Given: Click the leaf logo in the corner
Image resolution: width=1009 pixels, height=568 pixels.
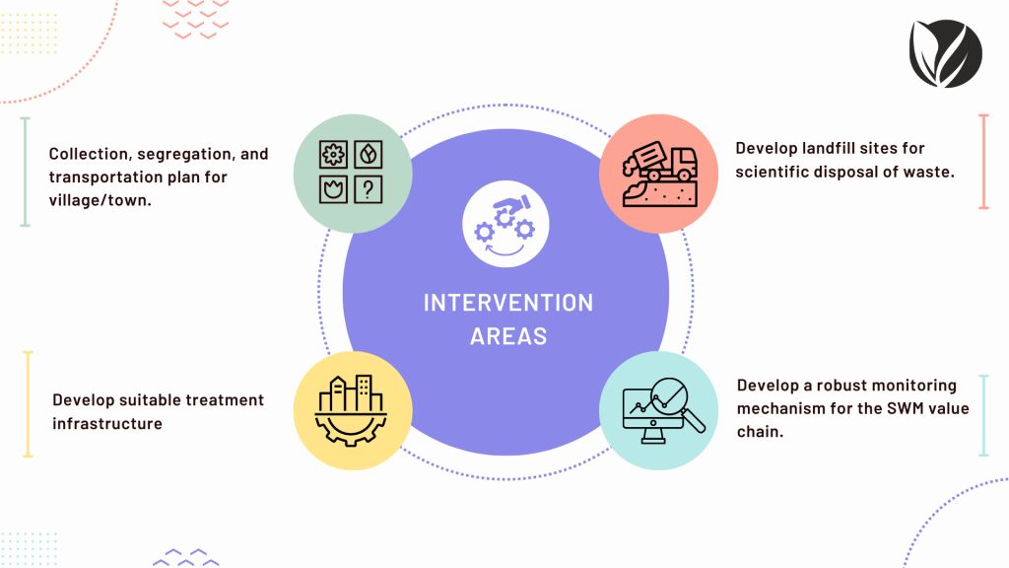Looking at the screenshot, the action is [x=945, y=53].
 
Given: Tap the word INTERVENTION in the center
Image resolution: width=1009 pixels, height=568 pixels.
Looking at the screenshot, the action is [x=508, y=303].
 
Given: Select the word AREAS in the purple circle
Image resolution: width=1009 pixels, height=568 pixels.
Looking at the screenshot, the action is [x=508, y=336].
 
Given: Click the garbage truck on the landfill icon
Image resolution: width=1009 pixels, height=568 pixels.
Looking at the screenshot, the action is [x=660, y=161].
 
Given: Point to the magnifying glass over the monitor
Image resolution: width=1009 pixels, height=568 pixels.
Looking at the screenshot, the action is [x=677, y=403].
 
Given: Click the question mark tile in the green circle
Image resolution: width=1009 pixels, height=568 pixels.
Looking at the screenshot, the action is [x=369, y=190].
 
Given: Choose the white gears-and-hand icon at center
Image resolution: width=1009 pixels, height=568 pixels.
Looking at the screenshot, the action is [x=505, y=224].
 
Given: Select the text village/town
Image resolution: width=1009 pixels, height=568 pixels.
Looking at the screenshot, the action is [x=100, y=200].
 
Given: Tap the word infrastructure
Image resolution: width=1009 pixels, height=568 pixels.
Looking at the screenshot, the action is [x=106, y=424].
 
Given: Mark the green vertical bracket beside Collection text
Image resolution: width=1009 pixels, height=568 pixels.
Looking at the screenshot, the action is [x=25, y=172].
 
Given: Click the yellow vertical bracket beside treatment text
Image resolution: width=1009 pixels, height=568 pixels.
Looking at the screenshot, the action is [x=28, y=404].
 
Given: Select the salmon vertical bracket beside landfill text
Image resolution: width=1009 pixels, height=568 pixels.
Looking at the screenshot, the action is [x=983, y=162].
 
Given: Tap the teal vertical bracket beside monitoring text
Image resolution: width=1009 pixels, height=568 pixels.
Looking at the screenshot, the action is [x=983, y=415].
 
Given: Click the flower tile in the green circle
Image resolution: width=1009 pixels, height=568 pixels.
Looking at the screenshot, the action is [x=333, y=155].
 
